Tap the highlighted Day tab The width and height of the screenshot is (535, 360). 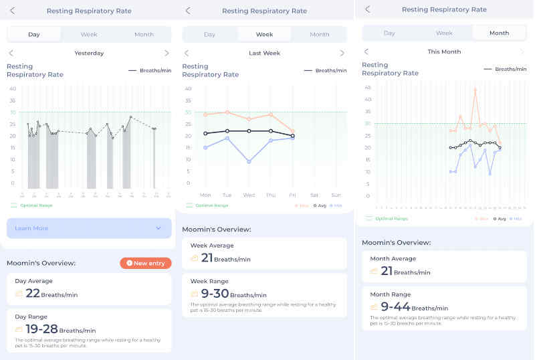coord(34,35)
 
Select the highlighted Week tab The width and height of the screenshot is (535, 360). coord(264,34)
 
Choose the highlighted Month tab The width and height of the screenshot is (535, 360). coord(499,33)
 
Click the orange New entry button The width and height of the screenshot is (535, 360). coord(146,263)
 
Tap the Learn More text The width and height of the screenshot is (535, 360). coord(31,228)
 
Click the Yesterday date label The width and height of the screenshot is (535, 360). coord(89,53)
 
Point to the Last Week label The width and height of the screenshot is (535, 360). coord(264,53)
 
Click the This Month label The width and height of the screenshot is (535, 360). coord(444,52)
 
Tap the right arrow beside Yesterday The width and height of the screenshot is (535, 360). coord(167,53)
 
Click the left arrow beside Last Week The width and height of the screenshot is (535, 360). coord(187,53)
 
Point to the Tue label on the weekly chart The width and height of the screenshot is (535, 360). coord(227,195)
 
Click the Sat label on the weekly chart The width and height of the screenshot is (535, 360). coord(314,195)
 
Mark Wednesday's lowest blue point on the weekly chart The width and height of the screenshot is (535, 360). coord(249,161)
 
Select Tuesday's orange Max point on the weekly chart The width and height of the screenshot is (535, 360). coord(227,112)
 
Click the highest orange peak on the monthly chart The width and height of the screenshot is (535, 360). coord(475,89)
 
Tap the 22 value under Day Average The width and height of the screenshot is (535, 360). coord(32,293)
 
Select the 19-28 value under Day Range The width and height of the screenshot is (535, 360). coord(41,329)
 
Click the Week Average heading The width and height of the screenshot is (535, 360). coord(212,246)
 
